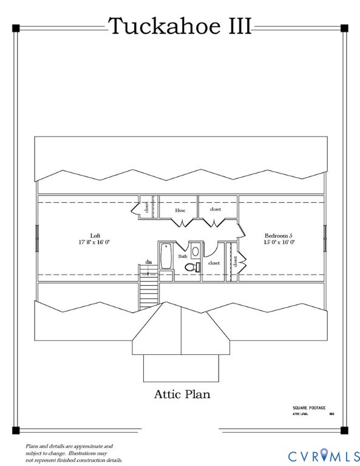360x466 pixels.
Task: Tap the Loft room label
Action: pyautogui.click(x=95, y=235)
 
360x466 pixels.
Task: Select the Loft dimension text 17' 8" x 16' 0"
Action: pyautogui.click(x=95, y=241)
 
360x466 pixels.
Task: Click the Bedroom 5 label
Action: pyautogui.click(x=279, y=235)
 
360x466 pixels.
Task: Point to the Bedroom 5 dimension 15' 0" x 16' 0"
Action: pyautogui.click(x=279, y=241)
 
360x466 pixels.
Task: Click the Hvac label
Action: pyautogui.click(x=180, y=210)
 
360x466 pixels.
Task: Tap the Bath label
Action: pyautogui.click(x=183, y=256)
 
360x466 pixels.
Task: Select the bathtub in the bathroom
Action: pyautogui.click(x=166, y=256)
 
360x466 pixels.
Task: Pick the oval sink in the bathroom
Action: pyautogui.click(x=195, y=251)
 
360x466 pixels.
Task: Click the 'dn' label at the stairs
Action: pyautogui.click(x=148, y=262)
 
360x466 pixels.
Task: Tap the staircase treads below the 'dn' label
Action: pyautogui.click(x=148, y=292)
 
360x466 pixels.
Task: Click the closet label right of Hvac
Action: pyautogui.click(x=216, y=209)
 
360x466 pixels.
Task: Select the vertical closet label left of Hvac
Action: pyautogui.click(x=147, y=208)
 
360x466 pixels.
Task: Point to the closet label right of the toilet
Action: pyautogui.click(x=214, y=263)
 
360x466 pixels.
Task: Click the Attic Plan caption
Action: pyautogui.click(x=182, y=394)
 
